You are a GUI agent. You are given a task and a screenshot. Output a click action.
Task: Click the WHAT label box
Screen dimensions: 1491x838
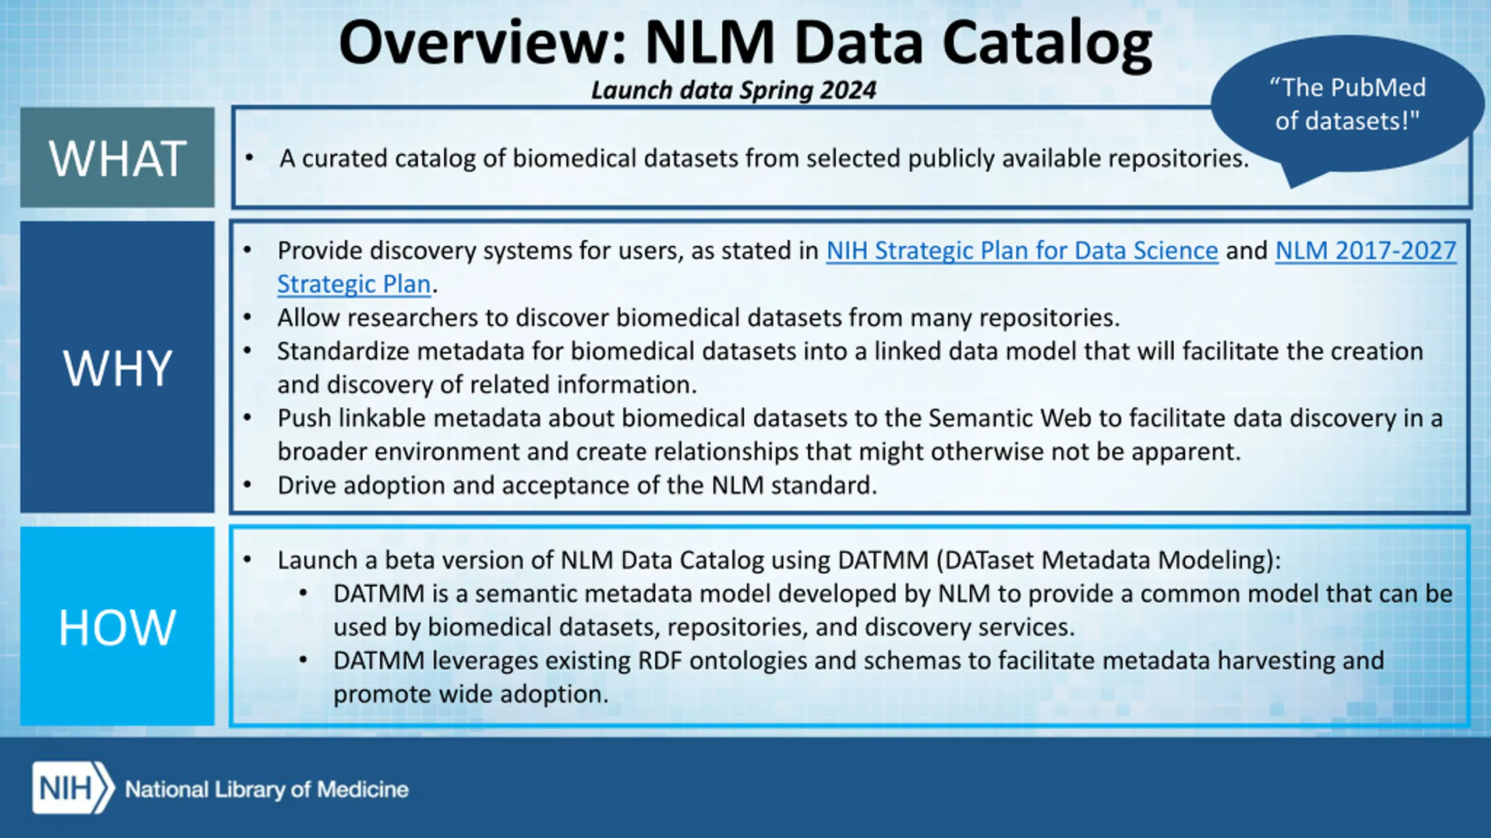(x=117, y=157)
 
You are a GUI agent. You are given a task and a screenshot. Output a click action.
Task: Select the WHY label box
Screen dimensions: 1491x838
(x=117, y=367)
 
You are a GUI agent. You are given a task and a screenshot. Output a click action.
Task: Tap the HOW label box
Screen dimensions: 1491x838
(x=117, y=626)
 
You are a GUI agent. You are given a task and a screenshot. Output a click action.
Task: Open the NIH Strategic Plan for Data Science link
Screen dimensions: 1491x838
(x=1022, y=251)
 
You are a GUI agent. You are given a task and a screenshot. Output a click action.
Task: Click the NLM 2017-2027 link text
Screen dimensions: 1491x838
(x=1366, y=251)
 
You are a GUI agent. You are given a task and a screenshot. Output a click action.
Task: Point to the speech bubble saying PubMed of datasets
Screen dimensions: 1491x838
(x=1347, y=105)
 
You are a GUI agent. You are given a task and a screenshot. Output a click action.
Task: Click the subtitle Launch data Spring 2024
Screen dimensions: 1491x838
(x=733, y=90)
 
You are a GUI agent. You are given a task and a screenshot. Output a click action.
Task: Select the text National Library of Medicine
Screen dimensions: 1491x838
(x=267, y=789)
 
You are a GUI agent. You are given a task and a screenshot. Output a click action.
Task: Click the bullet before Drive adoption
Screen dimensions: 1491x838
(x=248, y=485)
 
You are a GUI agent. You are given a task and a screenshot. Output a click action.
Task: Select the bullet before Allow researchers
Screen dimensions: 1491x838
(x=248, y=317)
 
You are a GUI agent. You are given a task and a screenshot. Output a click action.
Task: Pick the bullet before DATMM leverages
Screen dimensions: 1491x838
(x=303, y=661)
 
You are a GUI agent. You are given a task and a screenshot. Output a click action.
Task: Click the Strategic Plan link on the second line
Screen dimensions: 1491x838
(x=354, y=284)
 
